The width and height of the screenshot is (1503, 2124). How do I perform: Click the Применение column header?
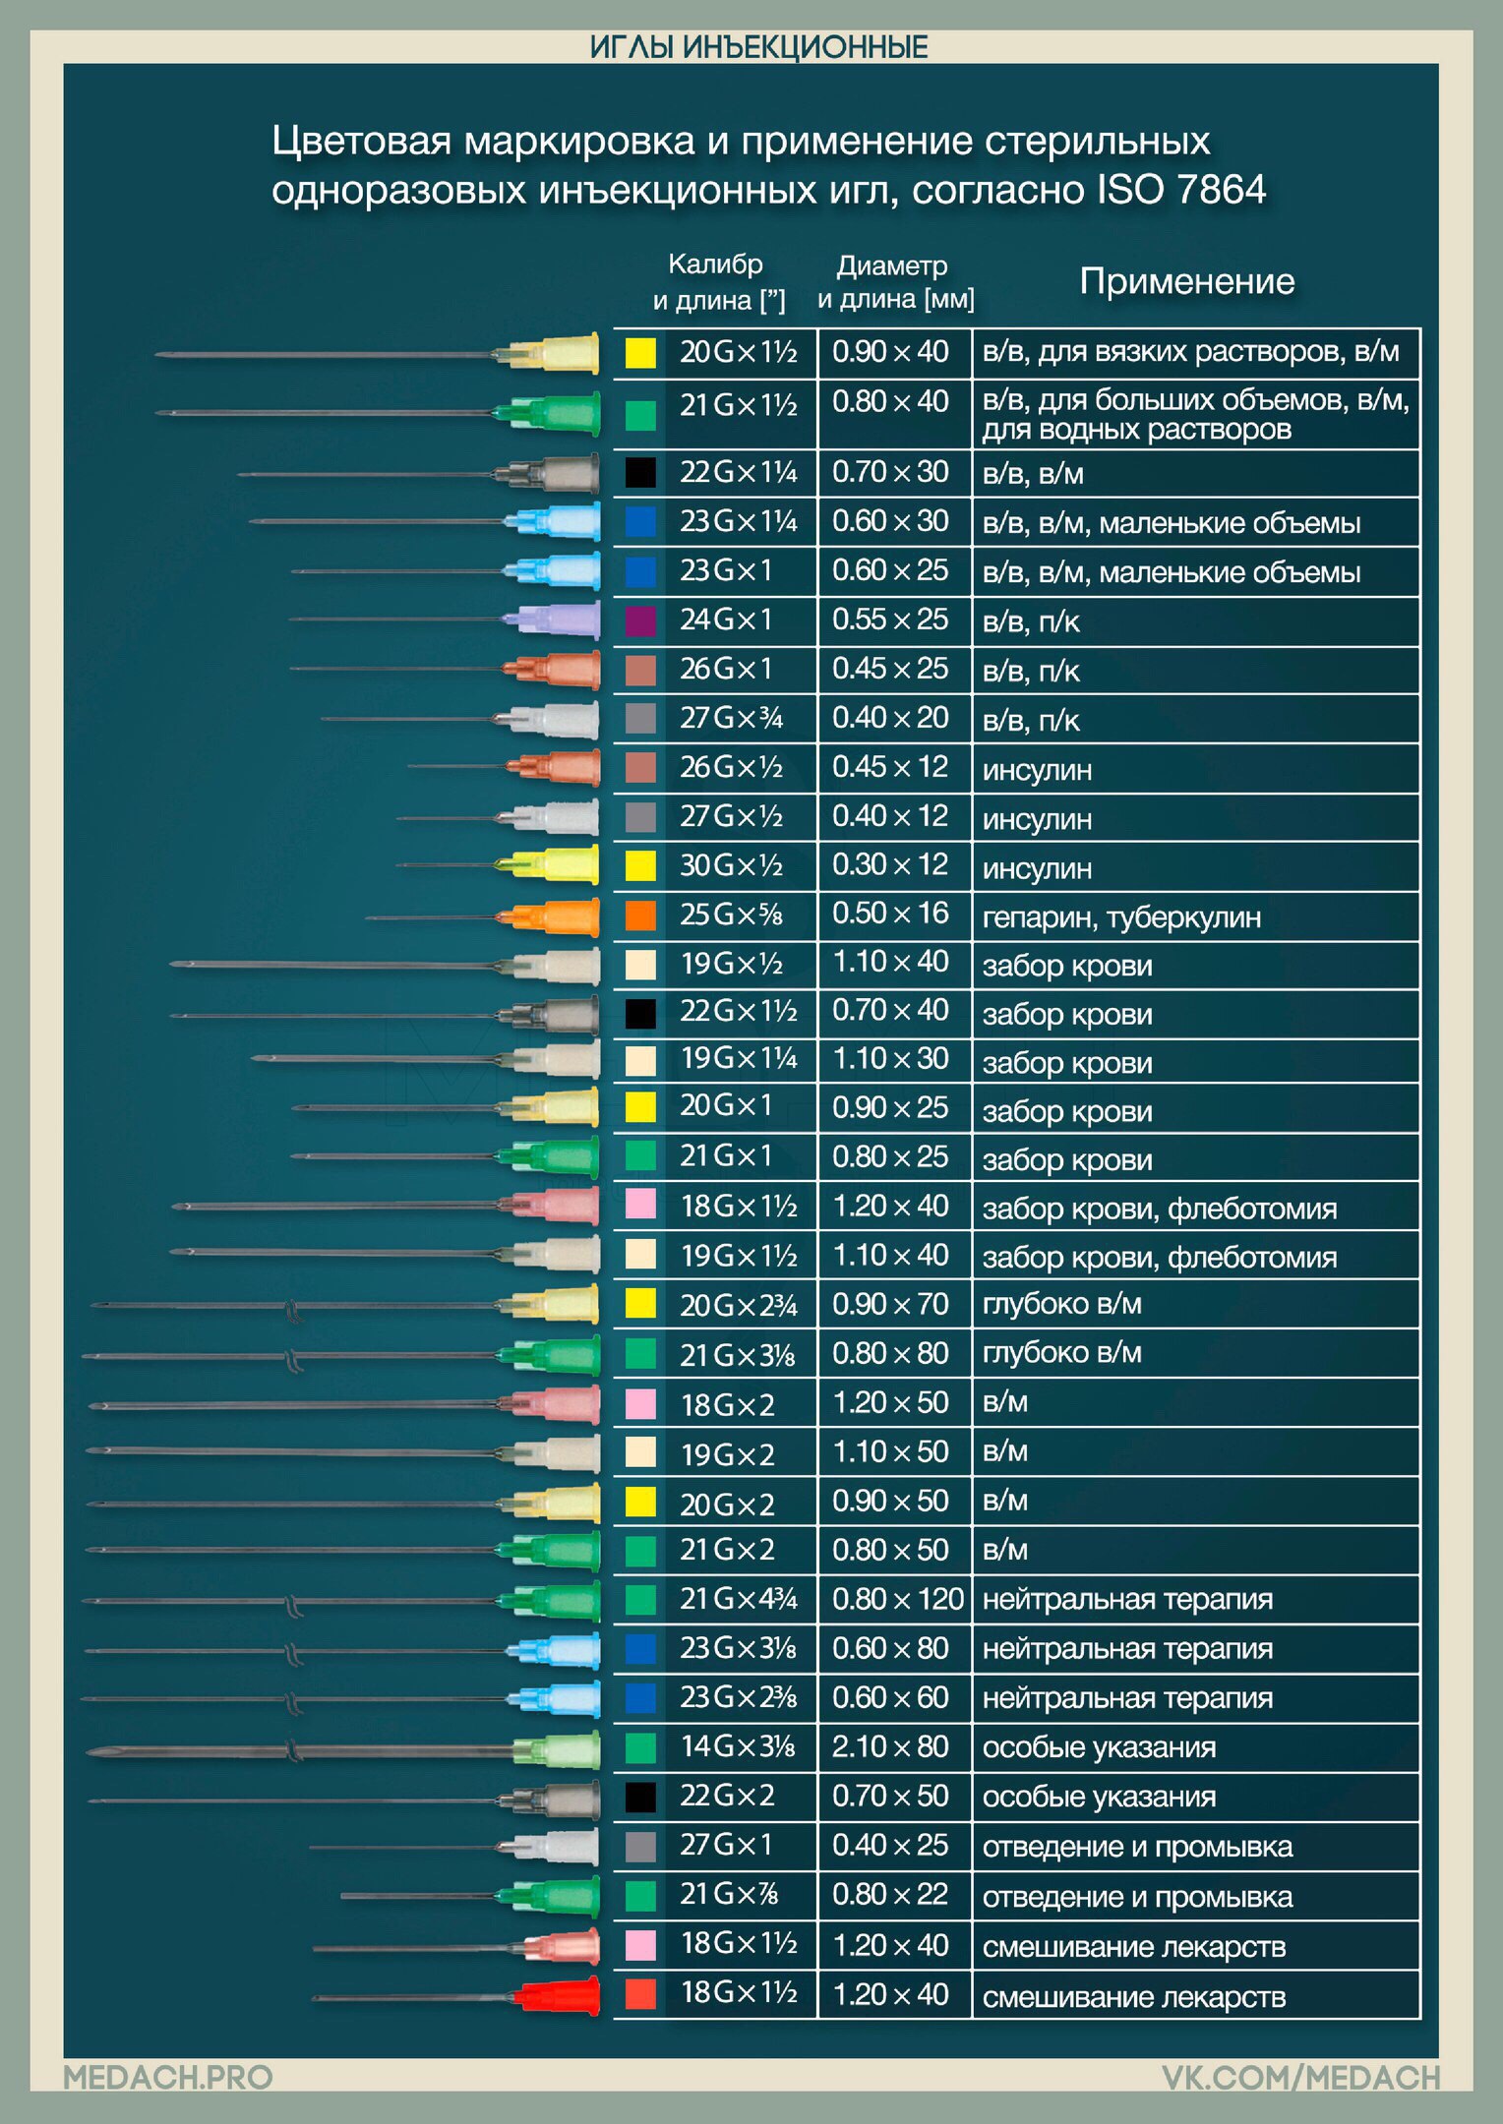(x=1186, y=281)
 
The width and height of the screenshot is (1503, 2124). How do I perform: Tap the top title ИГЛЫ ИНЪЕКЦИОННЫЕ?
(x=758, y=47)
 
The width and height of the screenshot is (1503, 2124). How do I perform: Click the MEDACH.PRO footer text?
(x=168, y=2077)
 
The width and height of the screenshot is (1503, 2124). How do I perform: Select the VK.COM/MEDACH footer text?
(x=1300, y=2077)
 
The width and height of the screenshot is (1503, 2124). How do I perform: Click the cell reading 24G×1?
(x=726, y=619)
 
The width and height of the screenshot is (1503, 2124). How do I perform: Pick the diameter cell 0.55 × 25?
(x=890, y=619)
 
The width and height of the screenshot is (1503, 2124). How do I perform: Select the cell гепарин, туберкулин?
(x=1121, y=917)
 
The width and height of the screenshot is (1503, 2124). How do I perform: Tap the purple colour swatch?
(x=640, y=620)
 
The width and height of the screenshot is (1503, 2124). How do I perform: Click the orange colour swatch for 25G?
(x=640, y=915)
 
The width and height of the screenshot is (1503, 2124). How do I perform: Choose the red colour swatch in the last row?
(x=640, y=1993)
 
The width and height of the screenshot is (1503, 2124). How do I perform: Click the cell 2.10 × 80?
(x=890, y=1747)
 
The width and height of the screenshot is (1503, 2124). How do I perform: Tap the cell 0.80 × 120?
(x=897, y=1600)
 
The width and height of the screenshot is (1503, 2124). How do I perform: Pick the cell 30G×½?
(x=732, y=865)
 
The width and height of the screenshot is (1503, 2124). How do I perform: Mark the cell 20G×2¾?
(x=739, y=1306)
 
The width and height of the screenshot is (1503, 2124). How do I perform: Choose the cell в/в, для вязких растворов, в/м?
(x=1190, y=352)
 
